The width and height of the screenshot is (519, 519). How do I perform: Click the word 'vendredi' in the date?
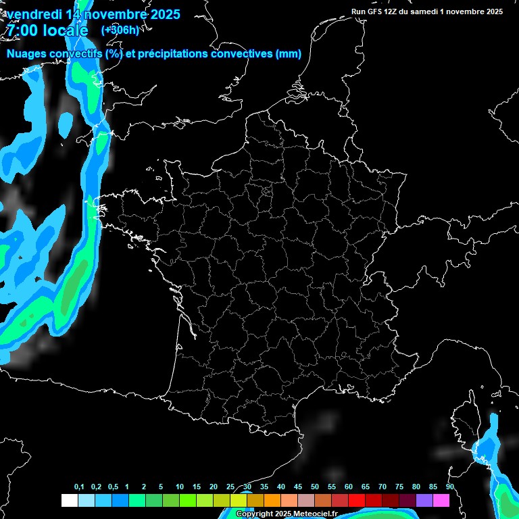tap(33, 14)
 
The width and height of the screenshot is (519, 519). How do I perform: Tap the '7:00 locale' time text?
tap(47, 30)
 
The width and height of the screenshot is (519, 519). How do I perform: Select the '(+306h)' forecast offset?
tap(120, 30)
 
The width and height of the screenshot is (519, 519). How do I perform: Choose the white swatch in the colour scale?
tap(69, 501)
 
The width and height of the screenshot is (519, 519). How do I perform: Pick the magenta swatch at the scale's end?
tap(441, 501)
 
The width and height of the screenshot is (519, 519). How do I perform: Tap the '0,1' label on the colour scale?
tap(78, 487)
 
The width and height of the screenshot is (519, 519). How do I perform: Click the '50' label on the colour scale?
tap(315, 487)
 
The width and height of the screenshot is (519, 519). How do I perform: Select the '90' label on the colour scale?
tap(449, 487)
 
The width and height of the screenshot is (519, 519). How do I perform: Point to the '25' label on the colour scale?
tap(230, 487)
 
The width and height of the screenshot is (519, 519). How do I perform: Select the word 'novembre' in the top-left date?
tap(109, 14)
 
